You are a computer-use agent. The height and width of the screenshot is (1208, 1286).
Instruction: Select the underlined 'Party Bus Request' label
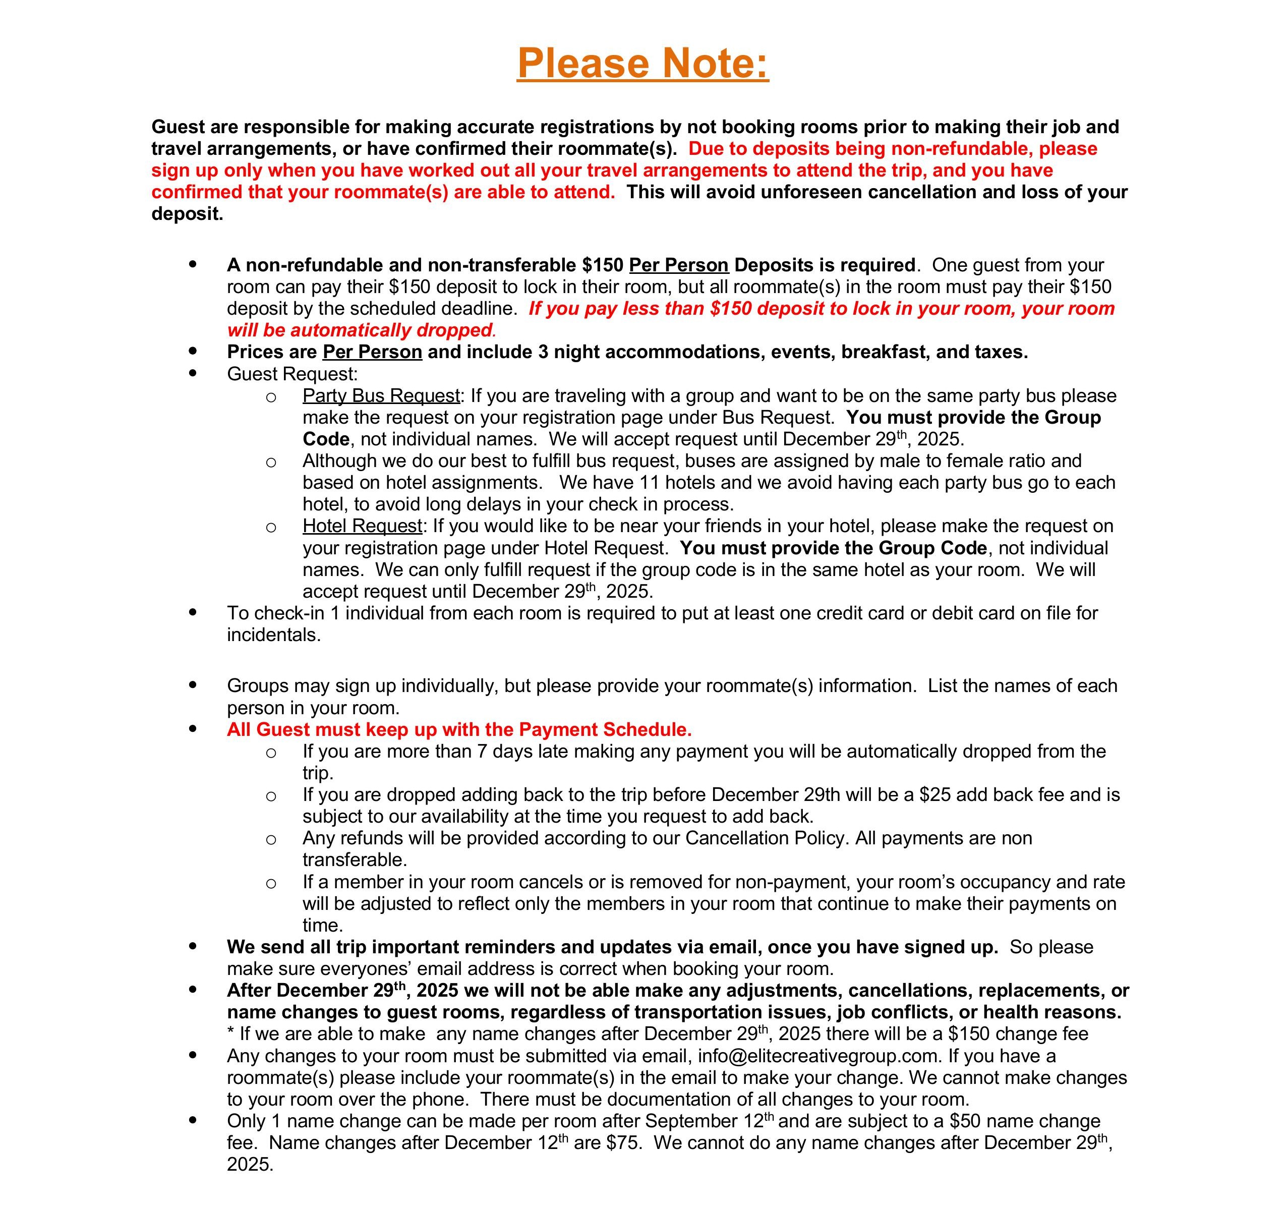click(x=381, y=395)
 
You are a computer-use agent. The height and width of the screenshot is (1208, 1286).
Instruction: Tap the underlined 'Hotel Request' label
click(x=362, y=526)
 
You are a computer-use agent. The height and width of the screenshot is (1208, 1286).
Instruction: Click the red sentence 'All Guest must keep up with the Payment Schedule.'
click(x=459, y=729)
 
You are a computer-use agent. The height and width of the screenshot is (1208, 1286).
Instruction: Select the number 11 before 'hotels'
click(x=650, y=482)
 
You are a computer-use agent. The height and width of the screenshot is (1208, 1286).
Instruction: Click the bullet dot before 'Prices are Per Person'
click(x=193, y=352)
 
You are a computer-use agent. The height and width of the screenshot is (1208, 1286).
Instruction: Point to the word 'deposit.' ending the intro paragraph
click(x=187, y=213)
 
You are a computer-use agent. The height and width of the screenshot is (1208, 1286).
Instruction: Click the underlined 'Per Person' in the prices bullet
click(x=372, y=352)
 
